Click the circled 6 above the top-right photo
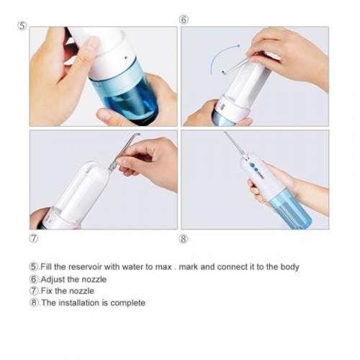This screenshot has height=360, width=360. (184, 19)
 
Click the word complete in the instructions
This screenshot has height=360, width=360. (129, 303)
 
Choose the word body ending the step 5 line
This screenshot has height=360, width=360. (289, 267)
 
